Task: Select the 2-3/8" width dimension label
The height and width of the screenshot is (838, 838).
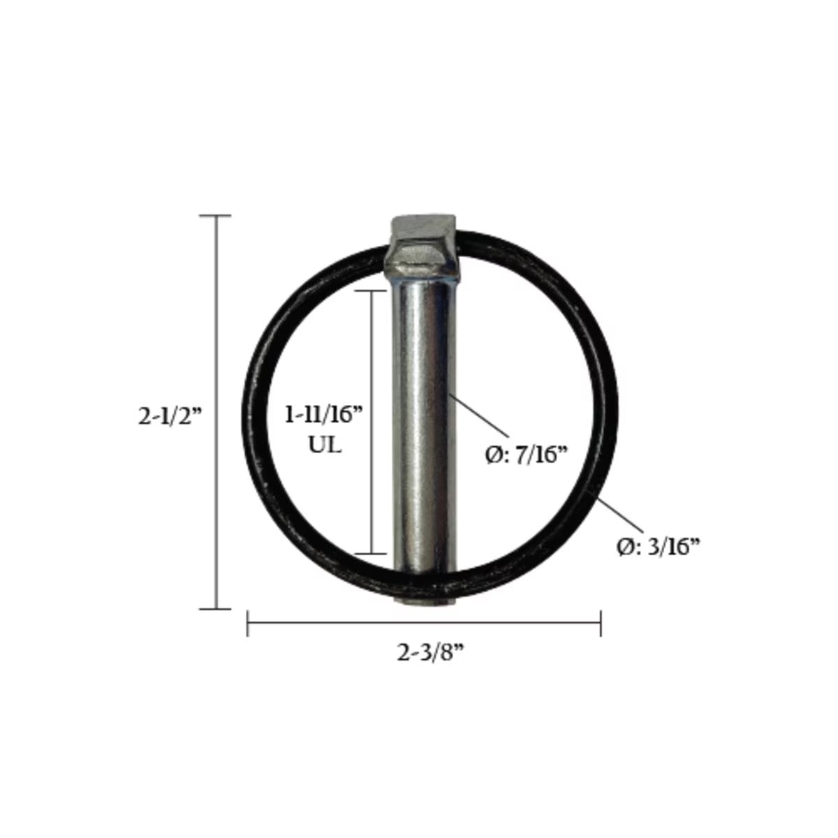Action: click(x=431, y=653)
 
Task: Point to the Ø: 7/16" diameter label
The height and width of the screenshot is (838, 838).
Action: click(x=523, y=455)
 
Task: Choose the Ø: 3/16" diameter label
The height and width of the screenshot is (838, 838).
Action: click(x=659, y=547)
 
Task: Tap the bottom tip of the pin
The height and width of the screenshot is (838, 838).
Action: click(x=423, y=601)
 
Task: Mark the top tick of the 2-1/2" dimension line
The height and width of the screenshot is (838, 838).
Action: click(x=215, y=216)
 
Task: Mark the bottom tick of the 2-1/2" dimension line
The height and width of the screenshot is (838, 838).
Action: click(x=215, y=609)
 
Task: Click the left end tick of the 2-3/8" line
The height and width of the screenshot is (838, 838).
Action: click(x=248, y=623)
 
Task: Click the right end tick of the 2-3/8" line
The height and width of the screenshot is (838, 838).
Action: click(x=601, y=623)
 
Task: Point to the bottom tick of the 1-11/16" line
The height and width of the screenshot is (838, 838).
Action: click(x=372, y=553)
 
